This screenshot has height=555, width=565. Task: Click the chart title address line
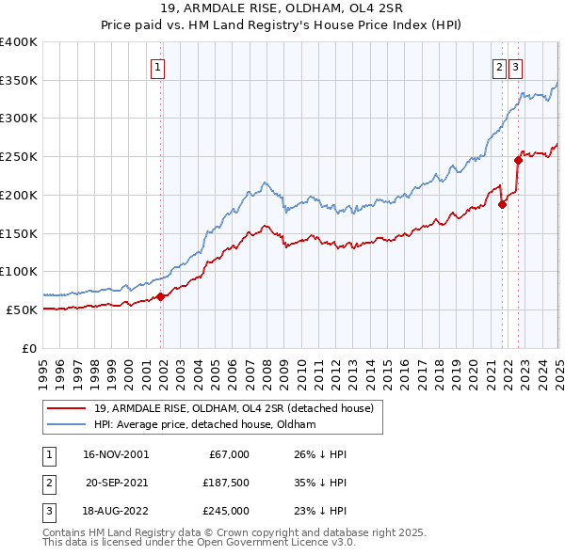click(282, 10)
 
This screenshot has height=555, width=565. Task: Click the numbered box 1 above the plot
click(157, 67)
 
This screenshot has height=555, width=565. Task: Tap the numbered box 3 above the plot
click(517, 67)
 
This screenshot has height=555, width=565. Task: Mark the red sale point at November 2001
click(160, 296)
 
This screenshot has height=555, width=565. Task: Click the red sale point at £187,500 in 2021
click(502, 204)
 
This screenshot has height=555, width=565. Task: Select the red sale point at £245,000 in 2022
click(518, 160)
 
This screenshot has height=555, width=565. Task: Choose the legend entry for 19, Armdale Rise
click(234, 408)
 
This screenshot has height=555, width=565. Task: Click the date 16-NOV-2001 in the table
click(117, 454)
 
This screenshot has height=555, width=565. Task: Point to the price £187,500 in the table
click(226, 483)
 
